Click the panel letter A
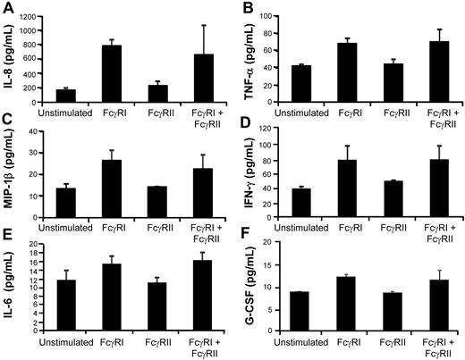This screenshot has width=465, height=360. pos(7,8)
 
